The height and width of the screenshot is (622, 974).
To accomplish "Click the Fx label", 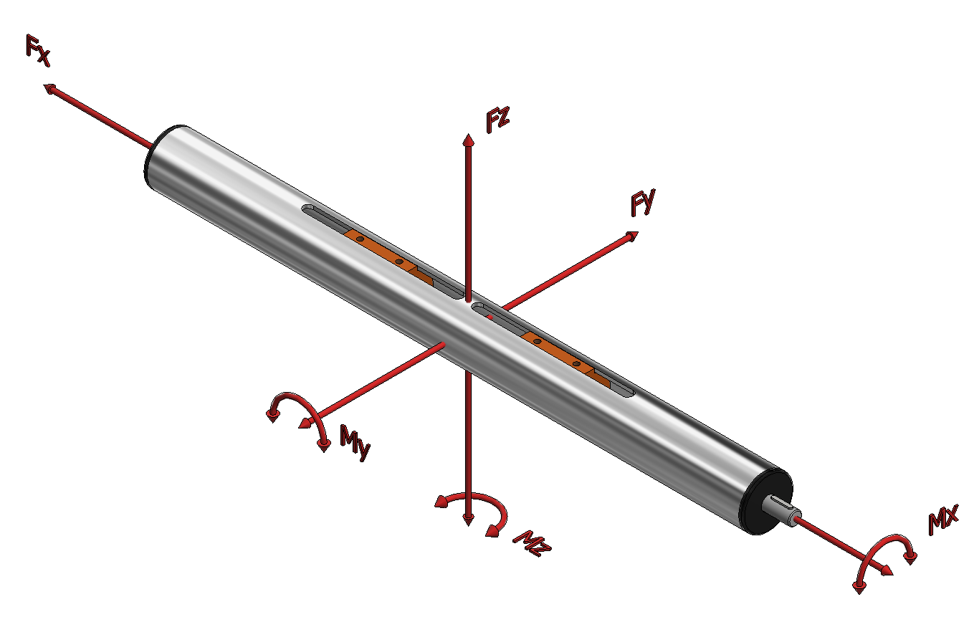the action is tap(38, 51).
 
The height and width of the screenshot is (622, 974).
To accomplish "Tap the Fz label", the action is tap(497, 119).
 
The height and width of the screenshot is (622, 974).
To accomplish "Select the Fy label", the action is tap(643, 202).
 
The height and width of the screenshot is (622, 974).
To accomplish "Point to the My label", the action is tap(355, 442).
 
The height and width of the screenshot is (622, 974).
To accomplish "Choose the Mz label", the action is tap(532, 543).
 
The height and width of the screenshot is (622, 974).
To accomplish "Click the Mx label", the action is tap(943, 520).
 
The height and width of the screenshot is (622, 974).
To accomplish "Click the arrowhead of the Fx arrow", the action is tap(49, 89).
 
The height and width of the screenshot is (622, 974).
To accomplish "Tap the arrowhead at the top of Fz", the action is tap(468, 140).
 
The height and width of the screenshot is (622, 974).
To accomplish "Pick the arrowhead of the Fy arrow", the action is tap(632, 236).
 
